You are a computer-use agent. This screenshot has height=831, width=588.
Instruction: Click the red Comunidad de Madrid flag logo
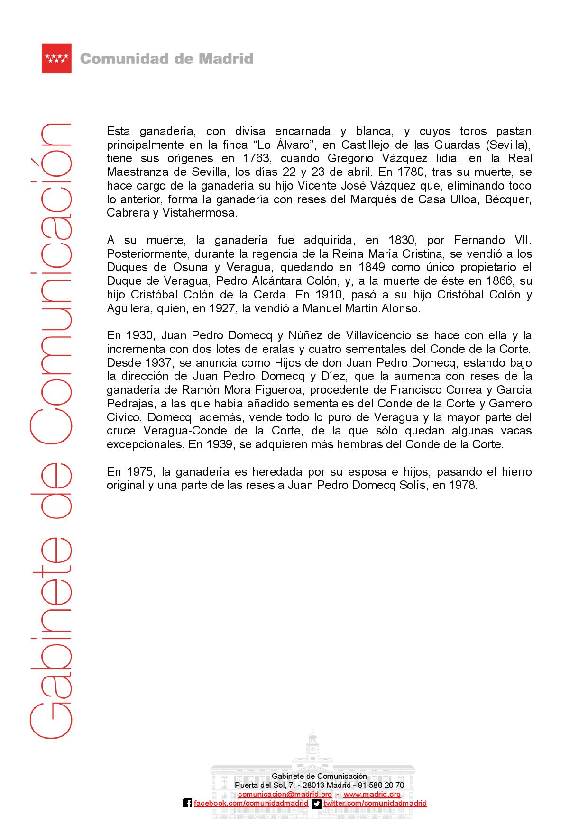56,58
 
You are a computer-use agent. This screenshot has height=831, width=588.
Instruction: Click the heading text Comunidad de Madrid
166,59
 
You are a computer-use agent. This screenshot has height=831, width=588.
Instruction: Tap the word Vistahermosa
199,213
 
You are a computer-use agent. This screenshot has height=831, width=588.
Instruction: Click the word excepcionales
146,445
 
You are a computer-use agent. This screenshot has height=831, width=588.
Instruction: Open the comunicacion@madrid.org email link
285,795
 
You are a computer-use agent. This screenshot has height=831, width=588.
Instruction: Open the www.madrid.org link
372,795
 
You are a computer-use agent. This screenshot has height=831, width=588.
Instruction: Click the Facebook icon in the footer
188,804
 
